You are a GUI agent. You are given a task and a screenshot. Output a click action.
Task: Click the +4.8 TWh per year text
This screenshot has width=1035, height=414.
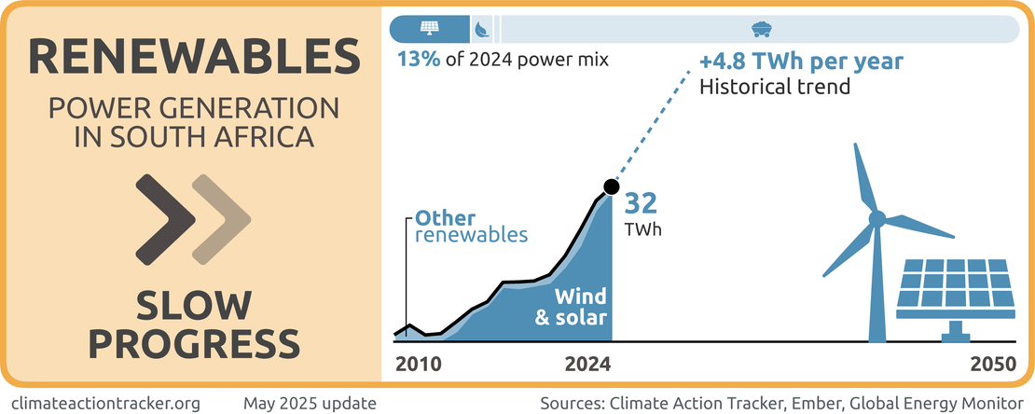(x=801, y=62)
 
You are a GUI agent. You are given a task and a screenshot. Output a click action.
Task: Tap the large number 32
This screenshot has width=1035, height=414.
(x=642, y=203)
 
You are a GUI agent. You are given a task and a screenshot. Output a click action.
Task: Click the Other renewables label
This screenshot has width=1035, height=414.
(x=472, y=226)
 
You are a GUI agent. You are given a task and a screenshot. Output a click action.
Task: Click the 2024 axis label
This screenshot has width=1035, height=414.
(x=588, y=365)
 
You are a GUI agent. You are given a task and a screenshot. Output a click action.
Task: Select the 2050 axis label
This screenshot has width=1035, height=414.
(x=992, y=365)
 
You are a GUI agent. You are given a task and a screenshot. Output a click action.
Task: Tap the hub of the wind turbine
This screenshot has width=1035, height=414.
(x=876, y=219)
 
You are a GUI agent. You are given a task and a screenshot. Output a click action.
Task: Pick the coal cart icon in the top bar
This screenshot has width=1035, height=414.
(x=759, y=28)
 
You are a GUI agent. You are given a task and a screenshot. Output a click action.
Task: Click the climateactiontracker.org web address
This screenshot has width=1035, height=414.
(x=108, y=403)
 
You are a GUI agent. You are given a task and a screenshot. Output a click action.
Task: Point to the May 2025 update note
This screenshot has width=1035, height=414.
(x=310, y=403)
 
